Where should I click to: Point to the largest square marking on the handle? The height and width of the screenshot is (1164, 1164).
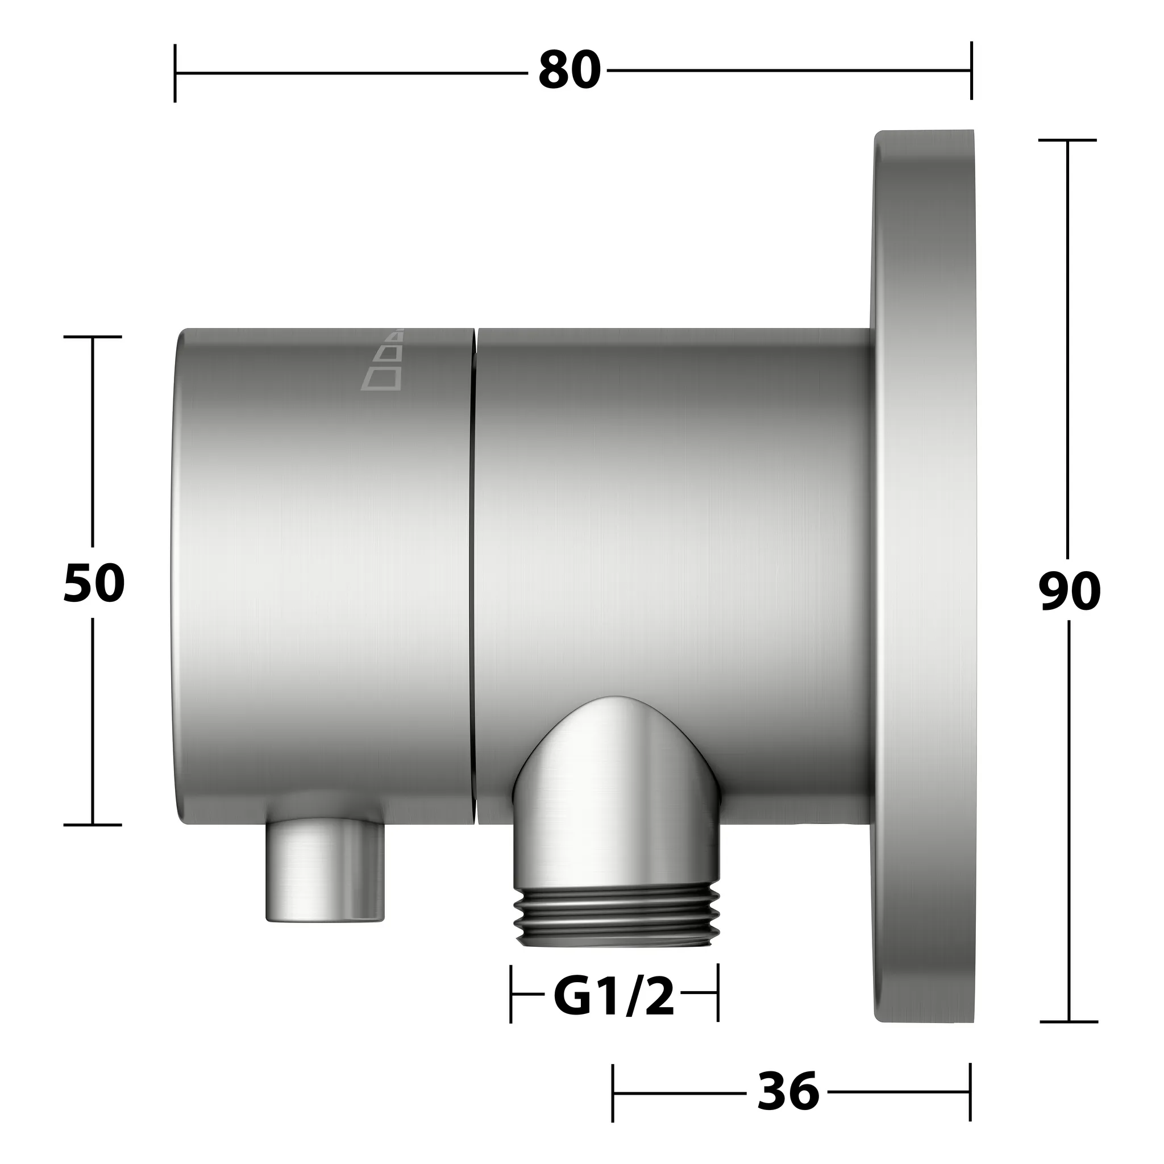click(381, 378)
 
